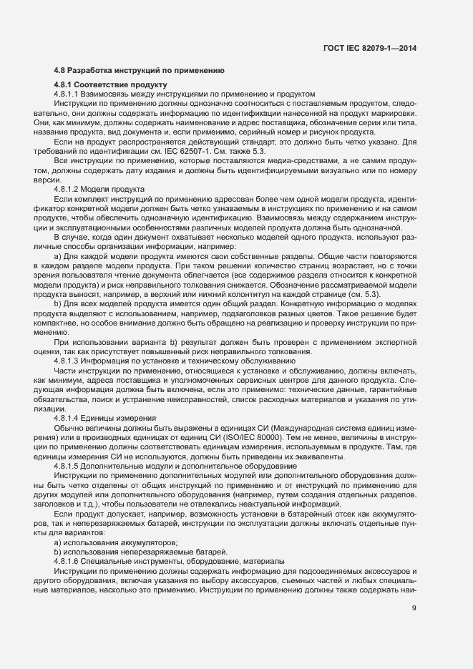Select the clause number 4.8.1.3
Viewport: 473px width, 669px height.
[x=69, y=361]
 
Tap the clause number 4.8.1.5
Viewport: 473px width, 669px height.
[x=69, y=465]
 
